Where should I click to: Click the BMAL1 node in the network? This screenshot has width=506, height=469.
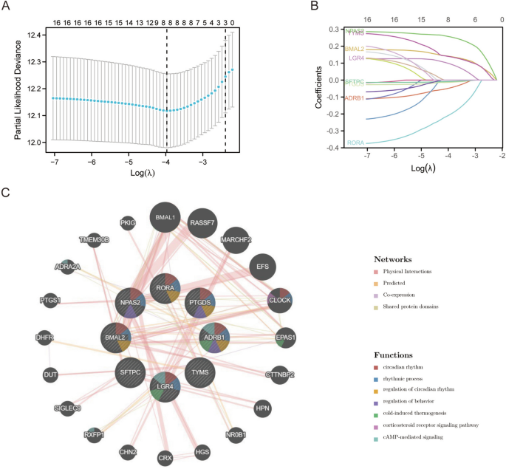[164, 218]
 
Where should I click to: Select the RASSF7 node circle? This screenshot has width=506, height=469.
[202, 222]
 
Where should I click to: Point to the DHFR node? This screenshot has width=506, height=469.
[44, 338]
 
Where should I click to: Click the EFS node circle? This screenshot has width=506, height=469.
[262, 266]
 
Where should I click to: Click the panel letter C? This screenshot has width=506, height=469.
[6, 193]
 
